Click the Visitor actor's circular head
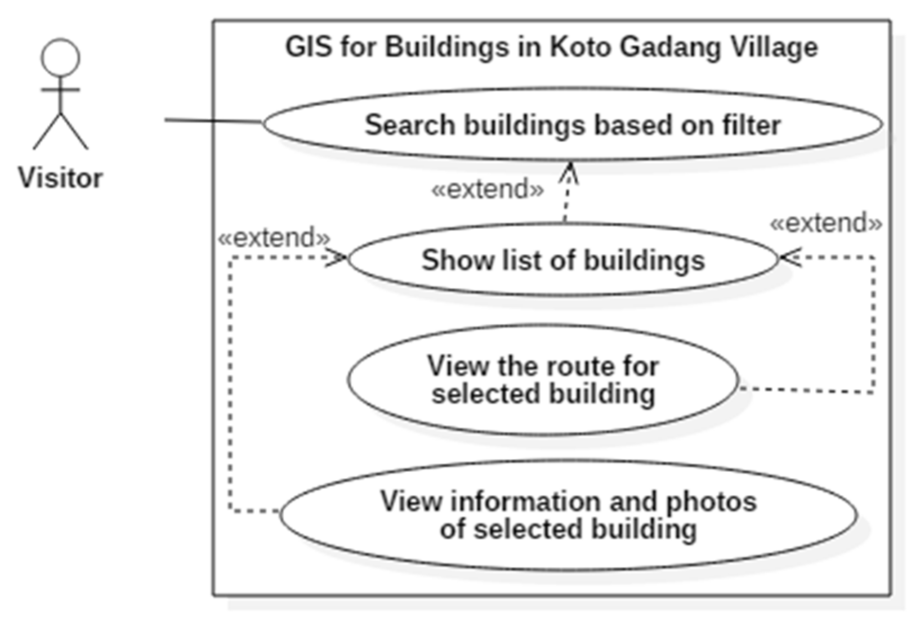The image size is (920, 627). click(x=60, y=57)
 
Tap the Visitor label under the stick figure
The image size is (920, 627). click(x=60, y=178)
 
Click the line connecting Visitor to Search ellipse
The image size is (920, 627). click(x=214, y=120)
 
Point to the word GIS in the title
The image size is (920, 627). click(x=309, y=47)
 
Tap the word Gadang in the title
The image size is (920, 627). click(x=669, y=48)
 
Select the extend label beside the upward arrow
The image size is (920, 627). click(x=488, y=190)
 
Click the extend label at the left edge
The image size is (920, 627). click(x=274, y=238)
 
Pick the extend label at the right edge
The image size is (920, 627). click(x=826, y=223)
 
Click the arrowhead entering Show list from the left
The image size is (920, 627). click(x=340, y=258)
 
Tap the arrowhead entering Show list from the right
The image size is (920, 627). click(x=787, y=258)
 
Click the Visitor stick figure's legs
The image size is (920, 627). click(x=60, y=132)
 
